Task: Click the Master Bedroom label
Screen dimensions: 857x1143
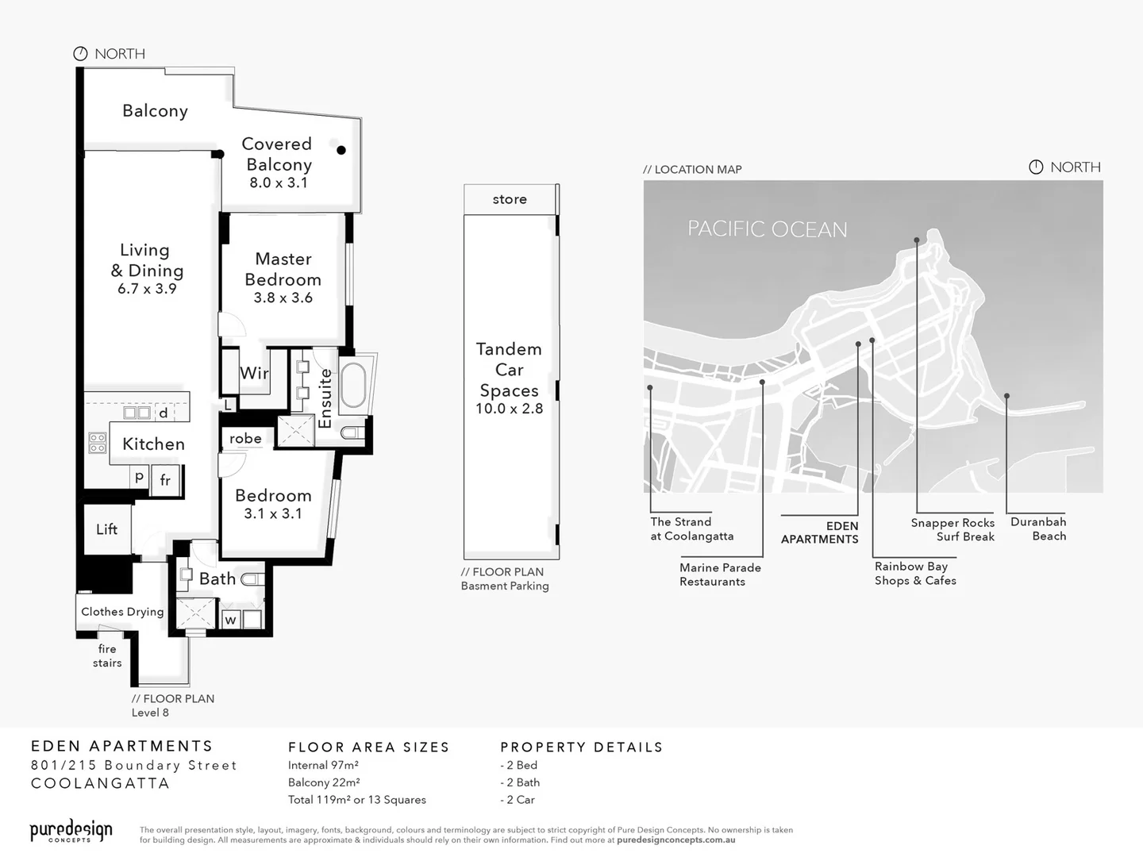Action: tap(283, 269)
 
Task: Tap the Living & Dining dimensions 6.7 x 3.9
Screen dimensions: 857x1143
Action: tap(147, 289)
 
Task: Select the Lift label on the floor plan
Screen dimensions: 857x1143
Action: tap(107, 529)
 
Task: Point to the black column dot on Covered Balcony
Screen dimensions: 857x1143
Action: tap(341, 150)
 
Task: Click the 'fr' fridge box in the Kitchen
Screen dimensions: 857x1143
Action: tap(165, 480)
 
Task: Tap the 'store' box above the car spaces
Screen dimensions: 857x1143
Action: tap(510, 199)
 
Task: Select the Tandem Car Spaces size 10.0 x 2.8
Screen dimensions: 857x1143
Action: tap(510, 409)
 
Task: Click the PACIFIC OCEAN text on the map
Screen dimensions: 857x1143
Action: tap(767, 229)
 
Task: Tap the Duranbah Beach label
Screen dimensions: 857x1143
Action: tap(1038, 528)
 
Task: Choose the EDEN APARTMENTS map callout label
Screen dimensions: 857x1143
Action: tap(820, 532)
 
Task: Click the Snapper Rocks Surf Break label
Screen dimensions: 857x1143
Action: tap(952, 529)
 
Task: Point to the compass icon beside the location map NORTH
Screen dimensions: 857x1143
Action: tap(1036, 167)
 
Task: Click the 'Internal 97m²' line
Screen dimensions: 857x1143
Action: tap(323, 765)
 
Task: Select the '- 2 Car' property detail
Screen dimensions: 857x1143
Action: tap(518, 800)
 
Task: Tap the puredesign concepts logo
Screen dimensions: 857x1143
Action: tap(71, 831)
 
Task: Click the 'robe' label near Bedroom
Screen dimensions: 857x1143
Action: tap(245, 439)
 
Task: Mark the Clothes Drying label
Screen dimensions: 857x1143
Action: tap(122, 612)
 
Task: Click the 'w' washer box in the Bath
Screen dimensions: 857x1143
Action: tap(230, 620)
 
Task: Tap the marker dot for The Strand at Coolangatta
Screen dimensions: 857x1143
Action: tap(650, 387)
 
